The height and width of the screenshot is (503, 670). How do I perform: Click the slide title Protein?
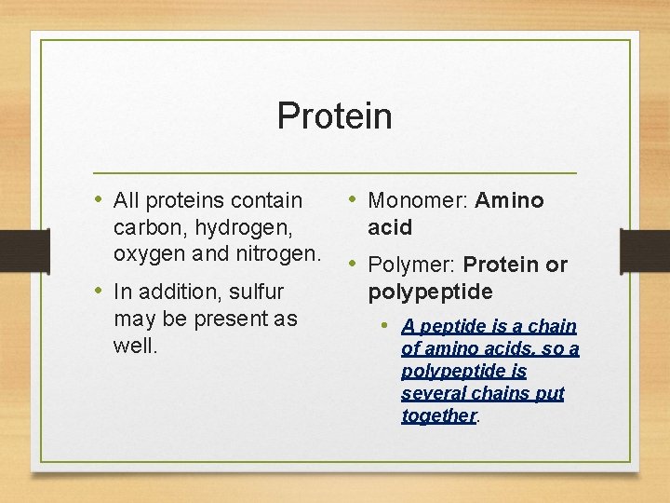[334, 116]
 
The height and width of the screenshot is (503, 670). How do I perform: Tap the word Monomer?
[418, 200]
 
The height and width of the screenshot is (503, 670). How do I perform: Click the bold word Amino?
[509, 200]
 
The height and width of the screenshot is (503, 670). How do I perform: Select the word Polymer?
[412, 265]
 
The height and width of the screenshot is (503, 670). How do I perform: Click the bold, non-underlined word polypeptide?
[430, 292]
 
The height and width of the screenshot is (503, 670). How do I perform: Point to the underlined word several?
[434, 393]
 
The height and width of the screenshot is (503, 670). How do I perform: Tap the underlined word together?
[438, 415]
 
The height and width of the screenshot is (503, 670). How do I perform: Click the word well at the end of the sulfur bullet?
[133, 346]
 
